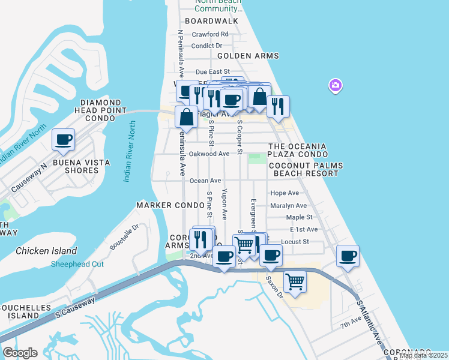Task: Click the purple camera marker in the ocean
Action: click(x=335, y=86)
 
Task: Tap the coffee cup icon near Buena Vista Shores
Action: click(x=64, y=140)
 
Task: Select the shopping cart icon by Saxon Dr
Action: click(x=295, y=281)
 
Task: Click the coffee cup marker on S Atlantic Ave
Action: click(x=348, y=256)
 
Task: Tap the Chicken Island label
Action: click(x=46, y=251)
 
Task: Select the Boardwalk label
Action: click(x=211, y=21)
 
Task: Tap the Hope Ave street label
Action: click(x=285, y=193)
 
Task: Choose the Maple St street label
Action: click(x=300, y=217)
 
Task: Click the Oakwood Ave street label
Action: click(x=209, y=154)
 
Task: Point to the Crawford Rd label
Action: click(x=210, y=34)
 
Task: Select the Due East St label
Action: click(x=205, y=71)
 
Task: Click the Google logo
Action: click(x=20, y=353)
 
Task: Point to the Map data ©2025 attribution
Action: click(x=423, y=356)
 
